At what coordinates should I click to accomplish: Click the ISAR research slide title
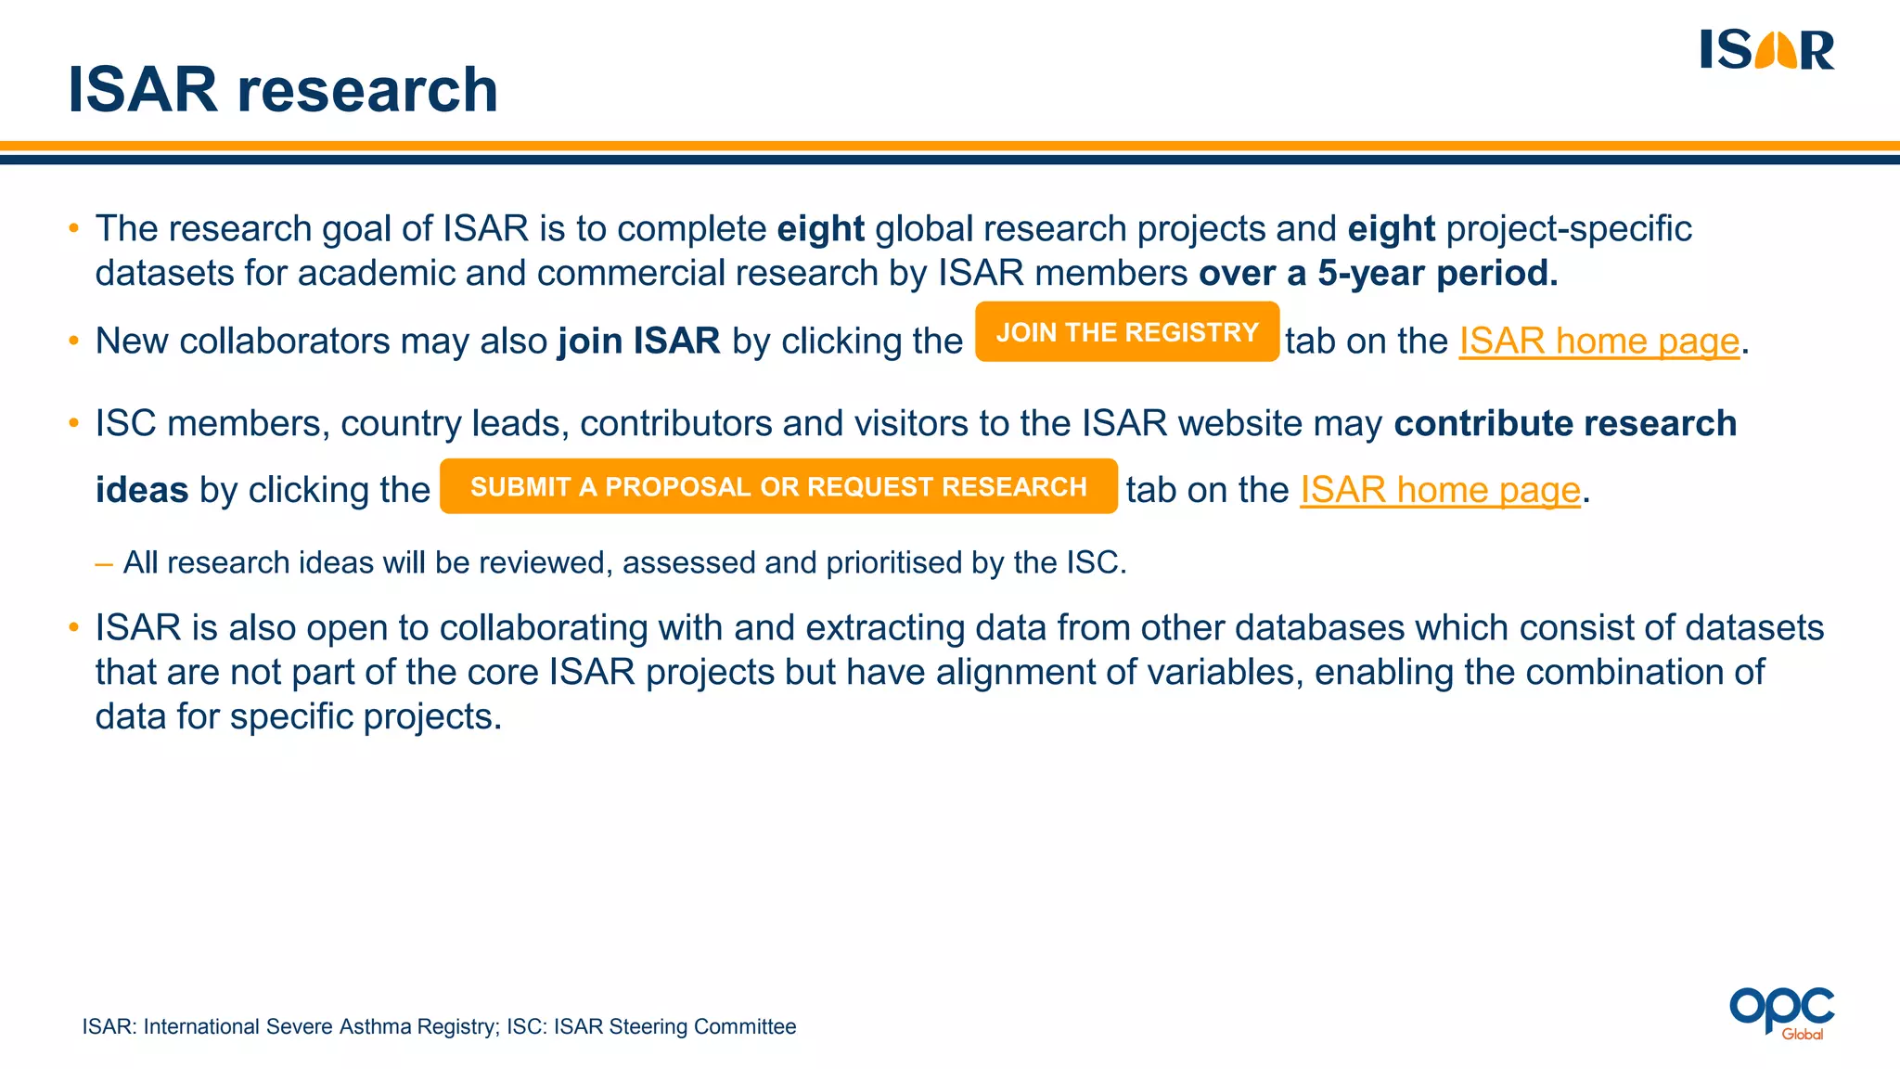tap(283, 90)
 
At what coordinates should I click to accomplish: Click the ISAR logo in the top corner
tap(1766, 50)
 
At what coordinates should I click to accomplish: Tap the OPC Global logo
tap(1781, 1012)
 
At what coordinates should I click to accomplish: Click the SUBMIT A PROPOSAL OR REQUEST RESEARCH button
tap(778, 486)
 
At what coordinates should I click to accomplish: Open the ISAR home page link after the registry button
tap(1598, 341)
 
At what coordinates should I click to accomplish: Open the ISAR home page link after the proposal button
tap(1439, 490)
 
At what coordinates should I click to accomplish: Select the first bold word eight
tap(820, 229)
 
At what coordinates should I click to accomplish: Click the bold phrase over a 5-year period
tap(1378, 274)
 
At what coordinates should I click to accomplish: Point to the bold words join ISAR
tap(638, 341)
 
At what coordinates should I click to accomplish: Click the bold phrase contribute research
tap(1564, 423)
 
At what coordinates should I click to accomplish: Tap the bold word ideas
tap(142, 490)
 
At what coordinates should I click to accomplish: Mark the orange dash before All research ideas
tap(104, 563)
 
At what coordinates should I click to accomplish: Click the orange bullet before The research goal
tap(74, 229)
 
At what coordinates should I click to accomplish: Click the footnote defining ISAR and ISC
tap(439, 1026)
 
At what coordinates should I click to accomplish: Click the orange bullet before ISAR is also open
tap(74, 628)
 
